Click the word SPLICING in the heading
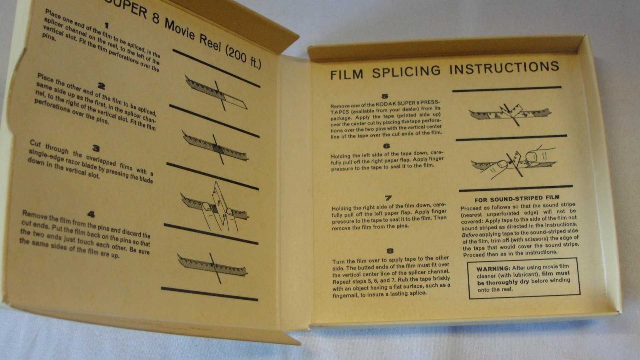(406, 72)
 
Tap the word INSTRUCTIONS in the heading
(504, 68)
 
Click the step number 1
(106, 26)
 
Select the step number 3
(96, 148)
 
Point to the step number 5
(385, 96)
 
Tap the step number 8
(390, 251)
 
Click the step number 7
(388, 198)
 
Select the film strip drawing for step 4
(212, 267)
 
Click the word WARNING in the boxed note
(493, 269)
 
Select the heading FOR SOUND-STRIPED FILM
(517, 198)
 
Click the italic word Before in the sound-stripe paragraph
(470, 235)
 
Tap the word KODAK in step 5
(384, 104)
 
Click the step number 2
(101, 86)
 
